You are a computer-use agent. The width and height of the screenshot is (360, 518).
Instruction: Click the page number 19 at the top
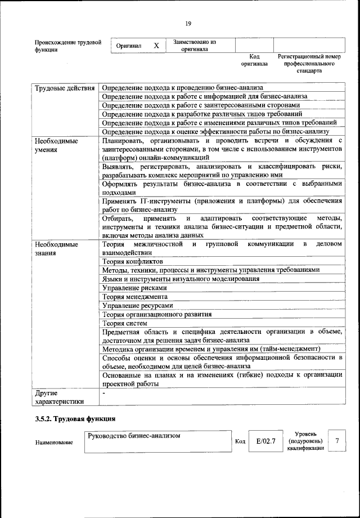pyautogui.click(x=188, y=23)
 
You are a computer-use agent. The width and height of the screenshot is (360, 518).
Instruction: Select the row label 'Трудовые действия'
pyautogui.click(x=64, y=88)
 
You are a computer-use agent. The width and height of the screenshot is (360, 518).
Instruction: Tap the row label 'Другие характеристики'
pyautogui.click(x=59, y=396)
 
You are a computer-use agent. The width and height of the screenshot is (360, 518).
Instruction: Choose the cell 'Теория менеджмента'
pyautogui.click(x=135, y=296)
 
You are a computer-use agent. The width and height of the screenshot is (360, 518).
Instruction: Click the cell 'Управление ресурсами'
pyautogui.click(x=137, y=305)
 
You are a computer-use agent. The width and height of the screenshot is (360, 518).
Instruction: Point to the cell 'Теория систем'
pyautogui.click(x=125, y=323)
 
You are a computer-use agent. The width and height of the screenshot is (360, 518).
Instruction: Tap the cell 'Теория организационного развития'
pyautogui.click(x=157, y=314)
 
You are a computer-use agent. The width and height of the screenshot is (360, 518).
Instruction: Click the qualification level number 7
pyautogui.click(x=337, y=441)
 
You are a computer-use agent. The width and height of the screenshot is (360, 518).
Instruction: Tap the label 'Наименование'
pyautogui.click(x=54, y=443)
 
